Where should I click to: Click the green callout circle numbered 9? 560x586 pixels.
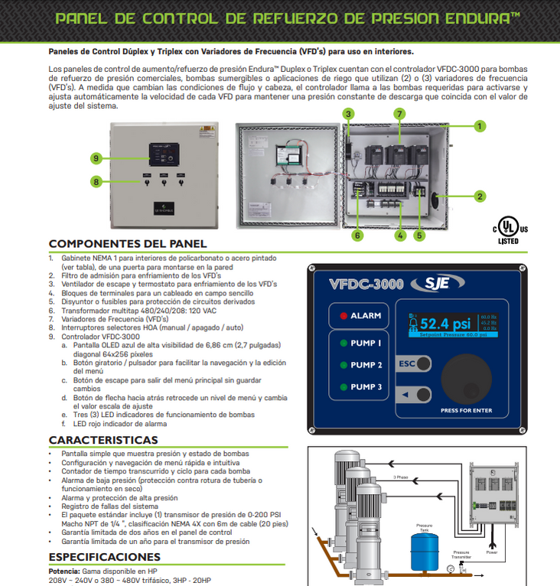click(x=96, y=158)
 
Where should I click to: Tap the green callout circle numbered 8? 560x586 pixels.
click(x=96, y=181)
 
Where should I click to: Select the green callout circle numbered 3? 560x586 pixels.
click(x=348, y=114)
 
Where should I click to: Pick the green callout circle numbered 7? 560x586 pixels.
click(x=399, y=114)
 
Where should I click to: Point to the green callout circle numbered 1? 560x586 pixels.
click(x=480, y=126)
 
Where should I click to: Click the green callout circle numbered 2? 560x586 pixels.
click(x=480, y=197)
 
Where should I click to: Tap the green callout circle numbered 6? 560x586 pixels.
click(x=357, y=236)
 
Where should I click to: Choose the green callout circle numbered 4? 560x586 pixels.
click(x=399, y=236)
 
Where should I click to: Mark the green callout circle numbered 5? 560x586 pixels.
click(x=419, y=236)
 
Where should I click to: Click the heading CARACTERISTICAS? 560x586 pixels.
click(x=103, y=440)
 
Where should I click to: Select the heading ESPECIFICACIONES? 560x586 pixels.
click(x=104, y=557)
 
